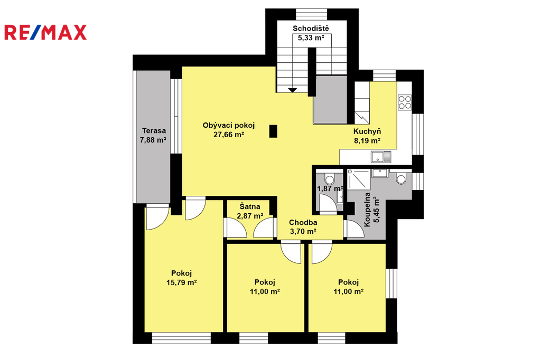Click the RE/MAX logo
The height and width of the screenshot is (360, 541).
point(45,32)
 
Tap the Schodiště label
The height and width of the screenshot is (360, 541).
point(311,29)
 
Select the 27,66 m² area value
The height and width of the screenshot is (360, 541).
point(229,135)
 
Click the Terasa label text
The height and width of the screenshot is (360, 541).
point(154,131)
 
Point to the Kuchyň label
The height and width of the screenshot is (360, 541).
point(367,131)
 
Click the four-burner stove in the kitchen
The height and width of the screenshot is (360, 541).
point(405,102)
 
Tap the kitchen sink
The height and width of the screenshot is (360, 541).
point(381,157)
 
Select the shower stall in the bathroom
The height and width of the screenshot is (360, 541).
point(359,179)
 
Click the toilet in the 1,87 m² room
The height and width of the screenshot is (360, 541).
point(330,179)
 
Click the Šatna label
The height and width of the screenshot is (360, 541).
point(250,207)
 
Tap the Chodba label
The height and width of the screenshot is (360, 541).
point(303,222)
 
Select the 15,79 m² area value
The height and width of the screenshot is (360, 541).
point(182,283)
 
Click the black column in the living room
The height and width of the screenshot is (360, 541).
point(273,131)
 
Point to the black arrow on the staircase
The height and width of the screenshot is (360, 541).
point(293,90)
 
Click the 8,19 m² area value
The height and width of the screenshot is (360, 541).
point(367,141)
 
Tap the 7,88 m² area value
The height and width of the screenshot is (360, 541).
point(153,140)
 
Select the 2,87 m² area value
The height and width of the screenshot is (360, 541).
point(250,216)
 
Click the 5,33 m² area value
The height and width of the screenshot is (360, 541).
point(311,38)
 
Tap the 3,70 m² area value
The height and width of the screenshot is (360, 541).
point(303,232)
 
